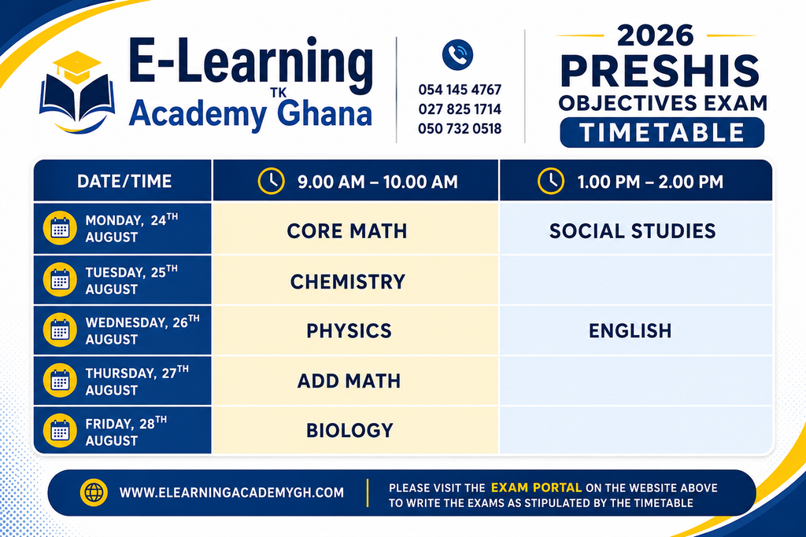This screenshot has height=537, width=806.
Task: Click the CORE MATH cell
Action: tap(355, 229)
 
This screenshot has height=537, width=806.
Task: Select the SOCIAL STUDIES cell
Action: tap(635, 229)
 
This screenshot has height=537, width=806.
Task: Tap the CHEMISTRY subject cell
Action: tap(355, 281)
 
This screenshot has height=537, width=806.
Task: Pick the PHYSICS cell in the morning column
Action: tap(355, 331)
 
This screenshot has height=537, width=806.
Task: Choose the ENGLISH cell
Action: tap(635, 331)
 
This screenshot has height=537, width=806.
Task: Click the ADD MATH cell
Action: tap(355, 381)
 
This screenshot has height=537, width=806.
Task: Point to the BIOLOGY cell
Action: tap(355, 430)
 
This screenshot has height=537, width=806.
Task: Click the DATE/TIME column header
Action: tap(124, 181)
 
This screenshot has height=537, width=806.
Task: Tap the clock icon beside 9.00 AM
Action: tap(271, 181)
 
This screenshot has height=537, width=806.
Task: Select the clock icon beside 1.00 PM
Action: tap(550, 181)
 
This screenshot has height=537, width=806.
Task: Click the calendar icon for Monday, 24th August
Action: tap(60, 228)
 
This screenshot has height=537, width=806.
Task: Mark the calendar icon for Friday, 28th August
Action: tap(60, 431)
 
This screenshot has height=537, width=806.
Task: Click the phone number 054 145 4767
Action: tap(460, 90)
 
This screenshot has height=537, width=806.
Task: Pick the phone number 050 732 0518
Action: tap(460, 128)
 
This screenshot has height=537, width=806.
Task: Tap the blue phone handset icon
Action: tap(457, 54)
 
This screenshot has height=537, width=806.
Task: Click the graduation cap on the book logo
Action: tap(77, 67)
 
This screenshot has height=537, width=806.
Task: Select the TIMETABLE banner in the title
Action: tap(662, 132)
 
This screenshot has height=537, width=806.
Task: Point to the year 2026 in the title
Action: tap(656, 35)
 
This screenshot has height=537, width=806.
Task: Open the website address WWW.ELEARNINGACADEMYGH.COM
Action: tap(231, 493)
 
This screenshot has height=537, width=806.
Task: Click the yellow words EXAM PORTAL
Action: tap(536, 487)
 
